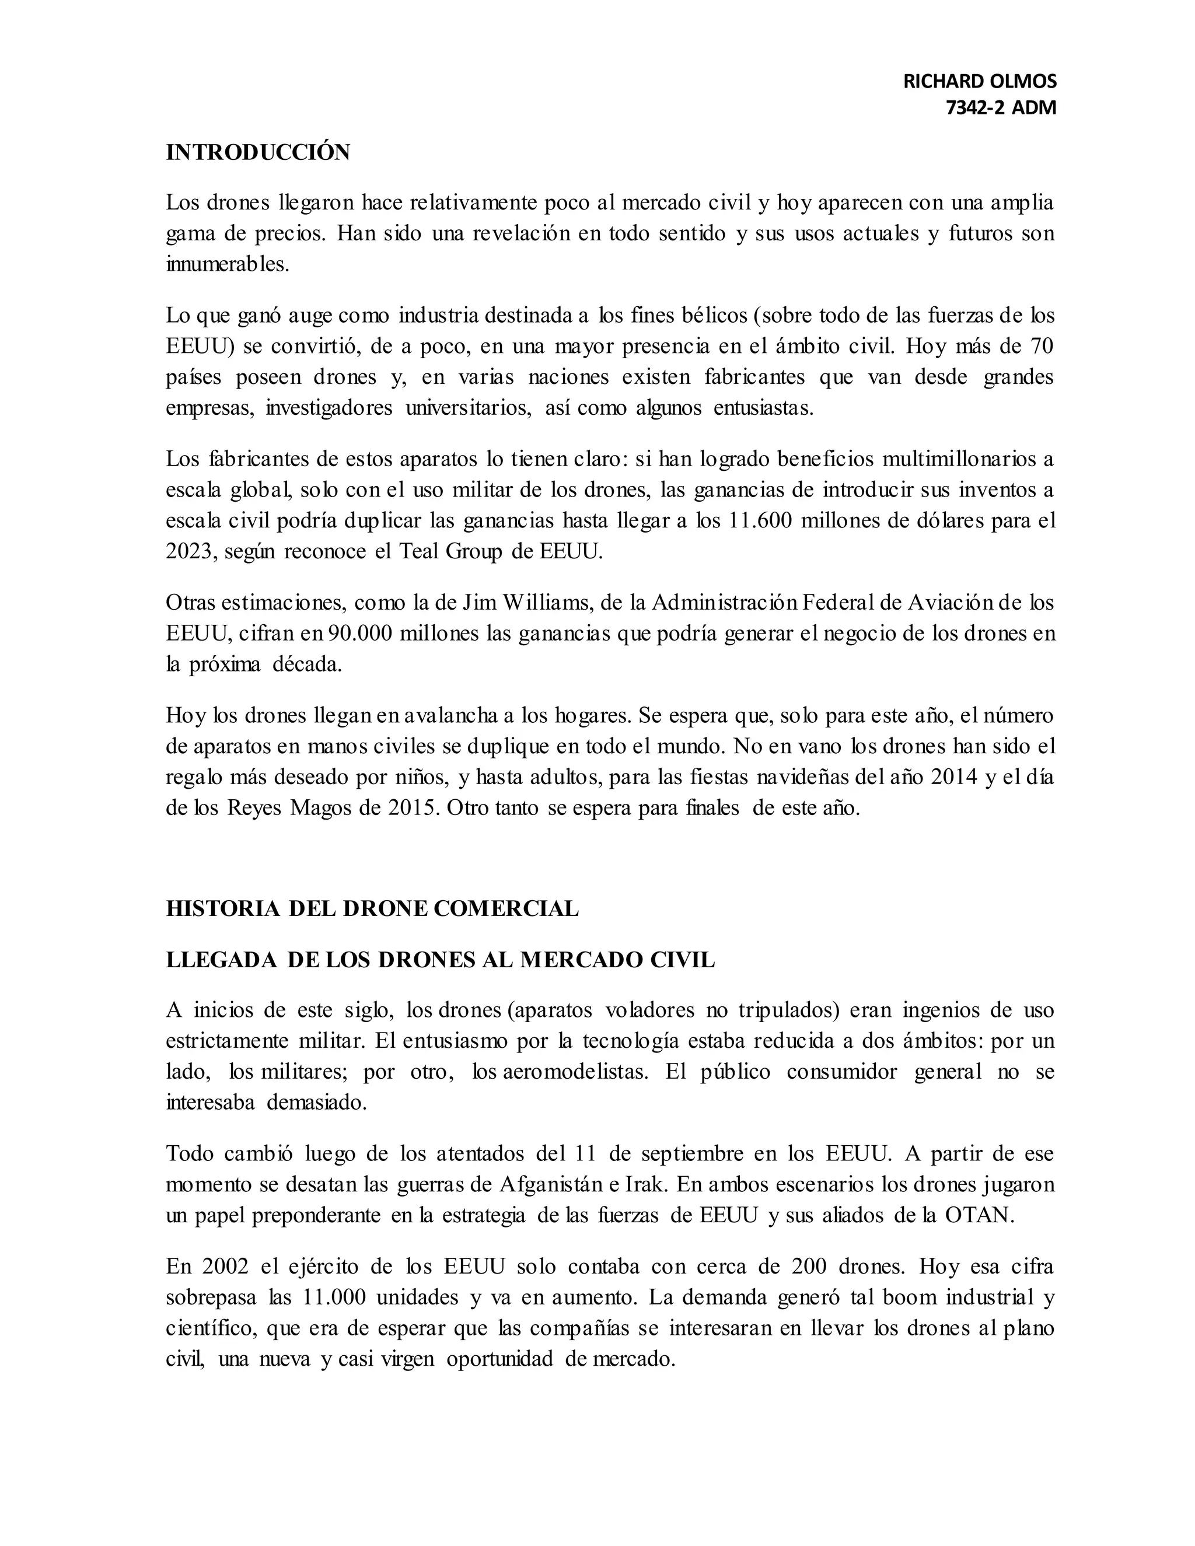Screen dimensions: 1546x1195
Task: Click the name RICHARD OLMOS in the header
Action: click(979, 82)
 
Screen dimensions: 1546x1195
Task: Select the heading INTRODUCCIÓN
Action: click(258, 153)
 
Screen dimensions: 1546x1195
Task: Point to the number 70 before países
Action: click(1039, 346)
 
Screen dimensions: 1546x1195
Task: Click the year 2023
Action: click(188, 551)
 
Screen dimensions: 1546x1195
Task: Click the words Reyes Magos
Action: click(290, 807)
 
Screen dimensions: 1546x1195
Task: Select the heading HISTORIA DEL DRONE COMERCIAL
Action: click(372, 909)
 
